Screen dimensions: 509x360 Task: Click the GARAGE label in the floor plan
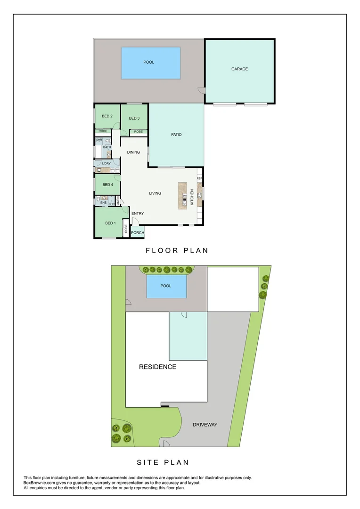(x=239, y=69)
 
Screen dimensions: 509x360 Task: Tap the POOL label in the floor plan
(x=149, y=62)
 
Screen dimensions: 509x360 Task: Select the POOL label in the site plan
(x=165, y=286)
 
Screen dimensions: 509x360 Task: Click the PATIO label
(x=176, y=134)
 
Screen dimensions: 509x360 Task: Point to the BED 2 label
(x=107, y=116)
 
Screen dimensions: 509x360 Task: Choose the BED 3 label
(x=134, y=118)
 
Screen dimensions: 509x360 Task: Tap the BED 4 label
(x=108, y=185)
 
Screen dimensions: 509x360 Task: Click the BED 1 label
(x=110, y=223)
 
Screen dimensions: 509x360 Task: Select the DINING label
(x=133, y=152)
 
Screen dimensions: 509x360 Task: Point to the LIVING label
(x=155, y=193)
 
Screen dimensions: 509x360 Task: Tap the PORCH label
(x=138, y=233)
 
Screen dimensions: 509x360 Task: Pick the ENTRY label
(x=138, y=213)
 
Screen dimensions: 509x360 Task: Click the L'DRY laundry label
(x=106, y=164)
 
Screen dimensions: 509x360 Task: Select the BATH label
(x=107, y=147)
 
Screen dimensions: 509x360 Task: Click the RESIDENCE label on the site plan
(x=157, y=367)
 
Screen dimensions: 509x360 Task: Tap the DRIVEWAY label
(x=205, y=425)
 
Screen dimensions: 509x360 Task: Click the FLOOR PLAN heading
(x=177, y=251)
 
